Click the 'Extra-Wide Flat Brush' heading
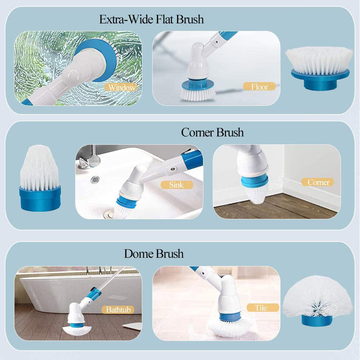[x=152, y=19]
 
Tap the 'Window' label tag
[x=122, y=87]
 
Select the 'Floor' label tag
[x=260, y=86]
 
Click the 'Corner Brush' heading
[x=212, y=132]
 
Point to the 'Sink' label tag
[x=176, y=185]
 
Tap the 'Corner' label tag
[x=318, y=182]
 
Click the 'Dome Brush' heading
[x=154, y=253]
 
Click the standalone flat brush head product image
[x=320, y=68]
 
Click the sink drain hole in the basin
[x=95, y=179]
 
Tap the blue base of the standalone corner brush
[x=40, y=199]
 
